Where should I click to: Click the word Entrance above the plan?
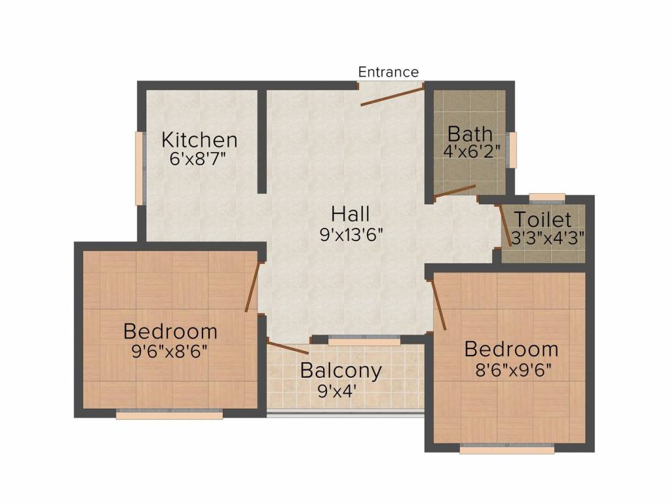(x=388, y=72)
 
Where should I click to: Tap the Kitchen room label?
(x=199, y=140)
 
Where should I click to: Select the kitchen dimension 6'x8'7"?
(x=197, y=159)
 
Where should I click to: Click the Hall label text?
(x=351, y=214)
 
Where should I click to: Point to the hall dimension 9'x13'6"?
(x=351, y=234)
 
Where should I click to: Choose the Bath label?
(x=470, y=134)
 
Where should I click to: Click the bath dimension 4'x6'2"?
(x=471, y=151)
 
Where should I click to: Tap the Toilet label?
(x=543, y=219)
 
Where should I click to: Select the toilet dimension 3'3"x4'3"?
(x=548, y=238)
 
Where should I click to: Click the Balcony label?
(x=341, y=371)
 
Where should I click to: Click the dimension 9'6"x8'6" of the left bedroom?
(x=170, y=352)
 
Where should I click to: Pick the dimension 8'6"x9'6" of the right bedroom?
(x=513, y=369)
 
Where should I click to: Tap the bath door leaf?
(x=455, y=192)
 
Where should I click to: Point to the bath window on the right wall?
(x=512, y=150)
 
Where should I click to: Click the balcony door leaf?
(x=288, y=348)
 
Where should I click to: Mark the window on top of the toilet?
(x=547, y=197)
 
